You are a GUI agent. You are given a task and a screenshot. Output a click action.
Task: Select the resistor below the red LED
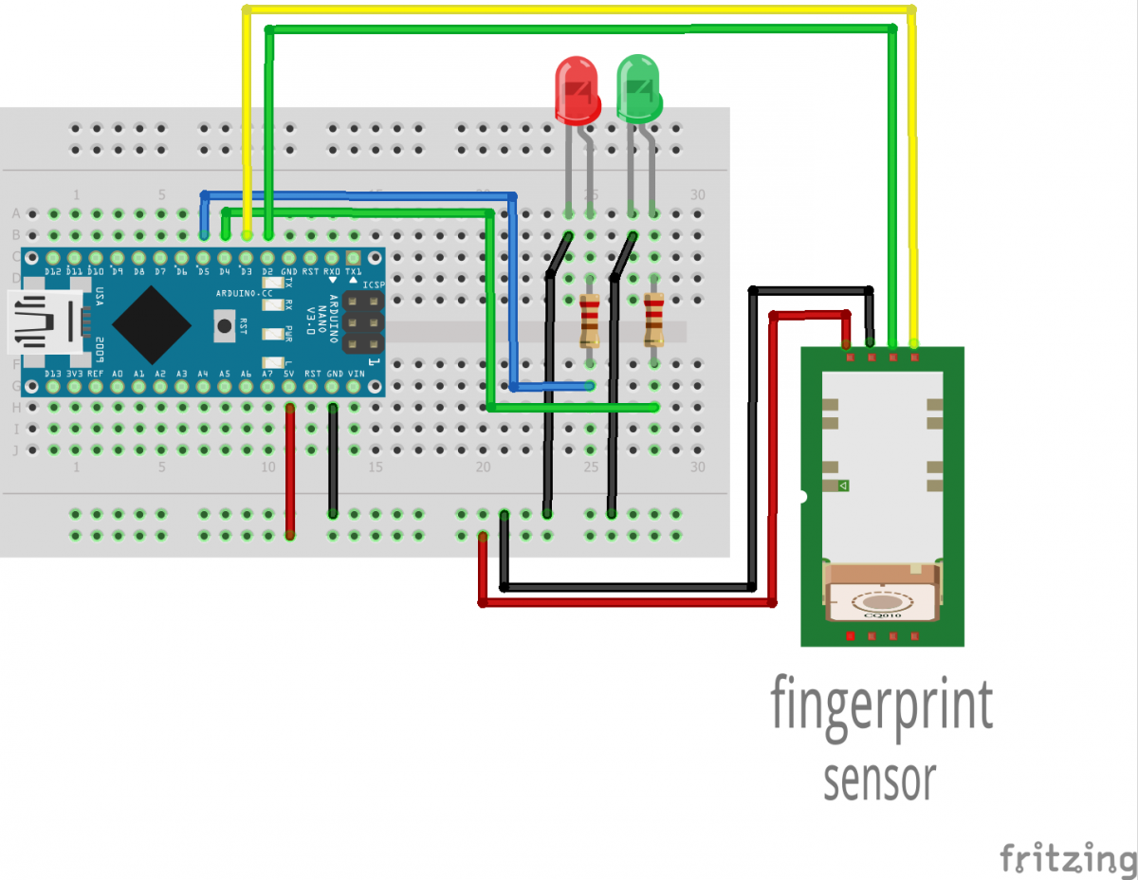590,321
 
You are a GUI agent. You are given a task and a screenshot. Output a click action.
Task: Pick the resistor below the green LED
653,321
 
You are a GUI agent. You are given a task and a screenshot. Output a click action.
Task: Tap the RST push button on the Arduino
225,327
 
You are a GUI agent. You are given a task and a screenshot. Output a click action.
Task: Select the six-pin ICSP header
363,321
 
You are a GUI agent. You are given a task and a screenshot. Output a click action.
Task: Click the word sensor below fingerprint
879,779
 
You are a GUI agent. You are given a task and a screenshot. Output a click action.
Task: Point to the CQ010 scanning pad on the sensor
883,602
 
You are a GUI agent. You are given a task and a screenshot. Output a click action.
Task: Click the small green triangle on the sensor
843,486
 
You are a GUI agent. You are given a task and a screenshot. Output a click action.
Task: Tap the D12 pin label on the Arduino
53,272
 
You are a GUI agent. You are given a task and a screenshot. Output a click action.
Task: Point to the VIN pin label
356,374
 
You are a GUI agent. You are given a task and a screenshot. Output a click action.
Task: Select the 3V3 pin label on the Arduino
74,374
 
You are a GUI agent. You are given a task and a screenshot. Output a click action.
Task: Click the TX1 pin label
354,272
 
